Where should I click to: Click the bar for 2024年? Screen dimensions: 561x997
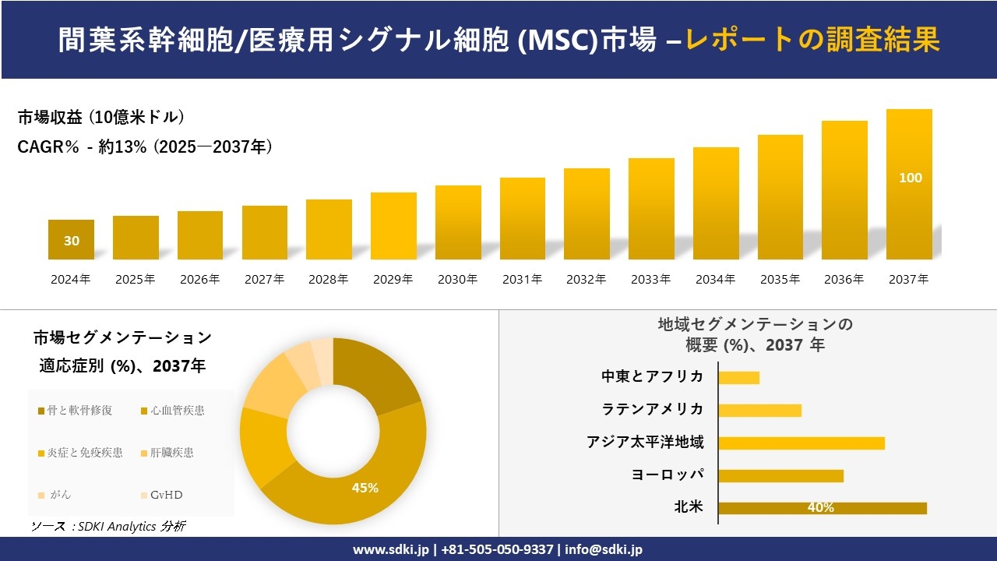tap(71, 239)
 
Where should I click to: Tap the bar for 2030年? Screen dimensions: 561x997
tap(458, 222)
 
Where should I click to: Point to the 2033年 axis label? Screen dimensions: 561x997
tap(650, 279)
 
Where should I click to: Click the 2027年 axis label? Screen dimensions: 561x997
tap(264, 279)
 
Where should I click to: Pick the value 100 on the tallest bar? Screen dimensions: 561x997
tap(910, 178)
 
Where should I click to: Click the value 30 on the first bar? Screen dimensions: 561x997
tap(71, 241)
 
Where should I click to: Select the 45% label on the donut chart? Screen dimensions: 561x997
tap(365, 488)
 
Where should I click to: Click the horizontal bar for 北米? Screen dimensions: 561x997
tap(822, 508)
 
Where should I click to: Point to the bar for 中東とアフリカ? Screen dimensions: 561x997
tap(738, 377)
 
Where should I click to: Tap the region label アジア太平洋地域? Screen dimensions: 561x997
tap(645, 443)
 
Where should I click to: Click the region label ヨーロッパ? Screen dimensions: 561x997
tap(668, 475)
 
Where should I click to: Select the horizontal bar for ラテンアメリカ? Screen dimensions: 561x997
tap(759, 410)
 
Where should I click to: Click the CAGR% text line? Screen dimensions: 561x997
tap(145, 146)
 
